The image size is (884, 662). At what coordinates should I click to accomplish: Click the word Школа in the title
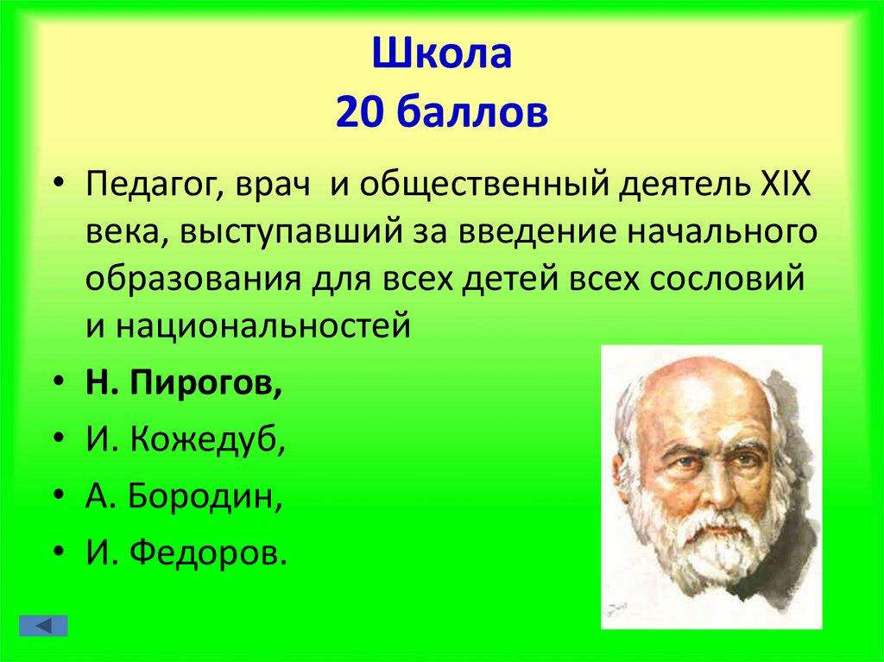[442, 58]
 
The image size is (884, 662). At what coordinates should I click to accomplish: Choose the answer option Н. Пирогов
[184, 384]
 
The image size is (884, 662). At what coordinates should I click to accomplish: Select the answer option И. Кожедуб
[186, 440]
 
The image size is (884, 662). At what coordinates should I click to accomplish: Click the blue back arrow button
[48, 624]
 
